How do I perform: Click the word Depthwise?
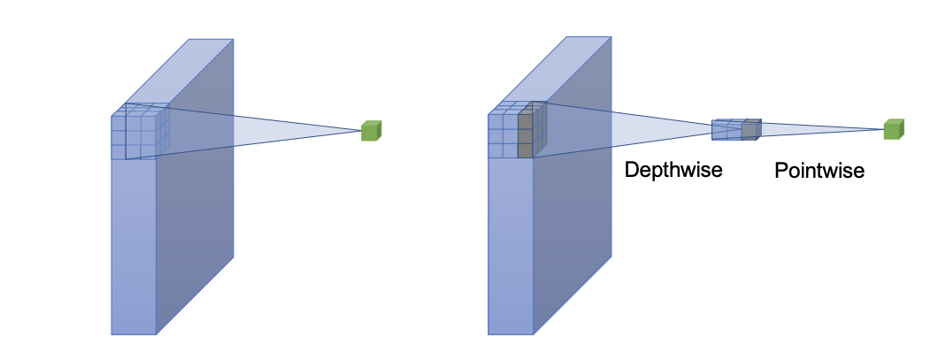pos(673,170)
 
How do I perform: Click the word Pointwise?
pos(819,170)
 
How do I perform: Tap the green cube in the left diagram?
pos(372,131)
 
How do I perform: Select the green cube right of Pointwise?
pos(894,129)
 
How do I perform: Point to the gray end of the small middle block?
pos(750,130)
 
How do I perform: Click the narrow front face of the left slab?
pos(134,248)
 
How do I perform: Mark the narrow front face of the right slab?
pos(511,248)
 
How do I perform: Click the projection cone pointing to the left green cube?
pos(265,132)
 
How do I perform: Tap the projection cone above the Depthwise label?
pos(628,132)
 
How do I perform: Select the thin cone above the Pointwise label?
pos(814,130)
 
